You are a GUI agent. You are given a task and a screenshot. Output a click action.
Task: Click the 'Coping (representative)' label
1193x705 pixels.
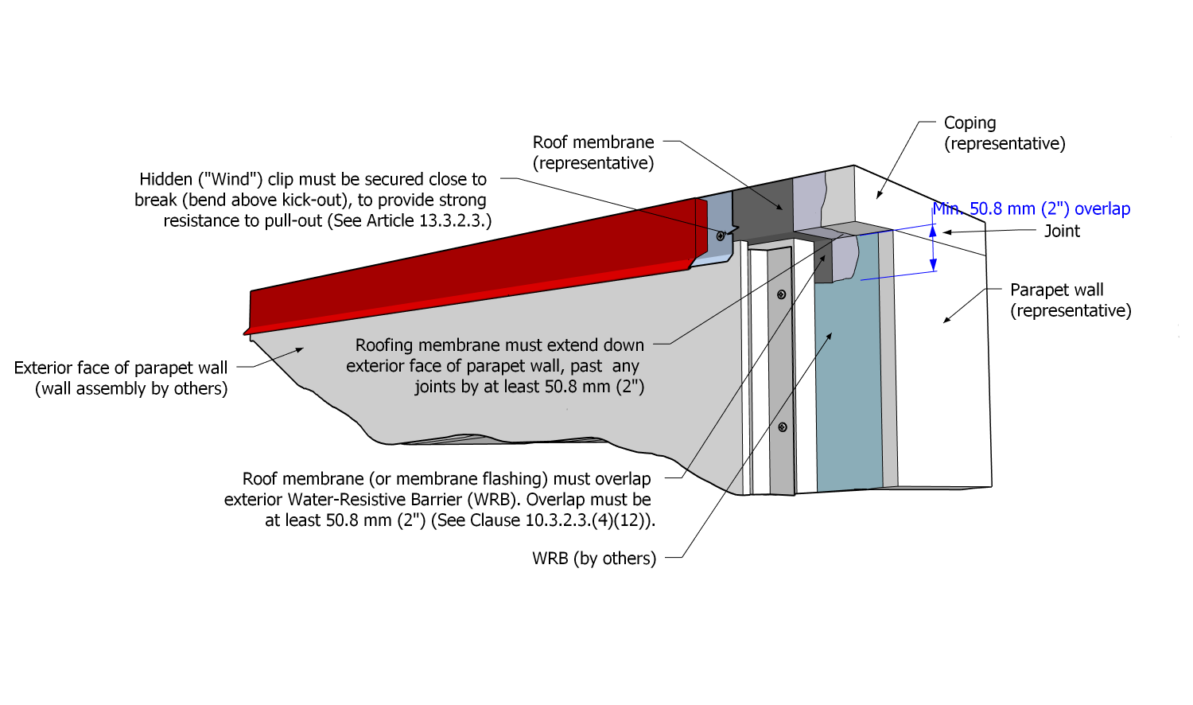click(1004, 133)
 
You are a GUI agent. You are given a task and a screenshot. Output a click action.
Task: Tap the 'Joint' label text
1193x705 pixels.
click(1062, 231)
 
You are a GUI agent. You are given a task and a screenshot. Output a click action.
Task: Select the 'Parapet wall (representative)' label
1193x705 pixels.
click(1070, 300)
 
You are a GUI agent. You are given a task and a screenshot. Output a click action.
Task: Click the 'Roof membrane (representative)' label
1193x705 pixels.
click(593, 152)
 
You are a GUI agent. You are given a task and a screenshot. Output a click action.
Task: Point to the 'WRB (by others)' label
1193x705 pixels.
click(594, 559)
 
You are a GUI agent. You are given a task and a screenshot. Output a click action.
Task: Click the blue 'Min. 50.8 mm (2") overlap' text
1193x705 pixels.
click(1032, 208)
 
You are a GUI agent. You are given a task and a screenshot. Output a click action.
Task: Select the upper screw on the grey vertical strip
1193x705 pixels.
click(781, 295)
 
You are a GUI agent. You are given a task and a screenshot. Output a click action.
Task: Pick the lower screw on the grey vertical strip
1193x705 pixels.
click(783, 427)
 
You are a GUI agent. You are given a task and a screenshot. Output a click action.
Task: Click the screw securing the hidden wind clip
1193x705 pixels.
click(721, 236)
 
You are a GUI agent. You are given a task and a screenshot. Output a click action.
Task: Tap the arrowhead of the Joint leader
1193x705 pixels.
click(946, 232)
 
